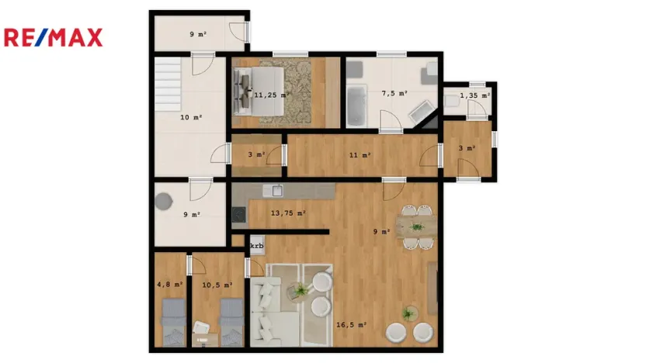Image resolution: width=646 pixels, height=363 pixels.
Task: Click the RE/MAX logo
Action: pos(53,37)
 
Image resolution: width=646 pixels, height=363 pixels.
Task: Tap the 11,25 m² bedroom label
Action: pos(271,95)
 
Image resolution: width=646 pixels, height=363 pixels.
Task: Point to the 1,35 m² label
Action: pos(474,95)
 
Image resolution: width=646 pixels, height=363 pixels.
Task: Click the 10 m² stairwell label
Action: pos(191,118)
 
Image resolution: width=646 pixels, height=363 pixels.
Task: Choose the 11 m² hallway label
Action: pos(359,155)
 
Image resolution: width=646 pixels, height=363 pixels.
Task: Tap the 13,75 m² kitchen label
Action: pos(287,213)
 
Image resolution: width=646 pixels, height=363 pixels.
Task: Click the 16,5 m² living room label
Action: pos(352,325)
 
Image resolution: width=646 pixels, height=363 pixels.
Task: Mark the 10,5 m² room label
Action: pos(217,285)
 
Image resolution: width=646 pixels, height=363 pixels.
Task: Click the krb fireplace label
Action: pos(256,246)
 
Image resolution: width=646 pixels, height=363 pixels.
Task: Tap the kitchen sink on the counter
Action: pos(272,190)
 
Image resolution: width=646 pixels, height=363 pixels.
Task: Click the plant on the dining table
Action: pos(417,226)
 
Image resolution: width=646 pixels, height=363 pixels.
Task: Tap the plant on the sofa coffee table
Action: pos(298,291)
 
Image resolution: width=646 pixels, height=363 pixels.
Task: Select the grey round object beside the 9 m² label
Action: pos(165,201)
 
